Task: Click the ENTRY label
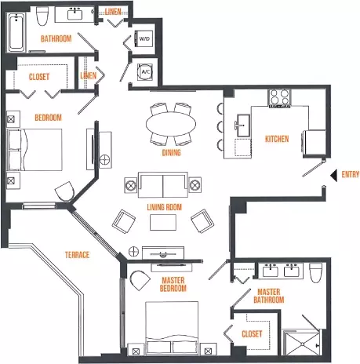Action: (x=351, y=174)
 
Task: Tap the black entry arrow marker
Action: (x=334, y=175)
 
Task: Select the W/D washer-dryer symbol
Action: (x=144, y=38)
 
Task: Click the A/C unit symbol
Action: (x=145, y=71)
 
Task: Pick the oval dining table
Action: (x=171, y=124)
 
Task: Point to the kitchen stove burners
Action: (x=279, y=97)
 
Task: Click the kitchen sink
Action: (x=243, y=126)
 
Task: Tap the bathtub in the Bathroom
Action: (x=16, y=32)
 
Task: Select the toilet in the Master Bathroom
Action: (x=316, y=272)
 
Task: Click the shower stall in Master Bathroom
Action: (x=301, y=343)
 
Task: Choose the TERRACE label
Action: (x=77, y=255)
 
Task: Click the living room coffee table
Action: (x=163, y=222)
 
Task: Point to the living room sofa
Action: (x=163, y=185)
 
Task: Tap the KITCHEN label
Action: (x=277, y=139)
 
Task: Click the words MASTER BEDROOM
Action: (x=173, y=285)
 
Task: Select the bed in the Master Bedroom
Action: (x=172, y=328)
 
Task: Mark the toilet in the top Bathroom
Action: (x=42, y=16)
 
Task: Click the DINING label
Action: (x=172, y=152)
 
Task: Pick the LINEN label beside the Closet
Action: (x=89, y=76)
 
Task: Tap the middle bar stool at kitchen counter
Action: (x=220, y=126)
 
